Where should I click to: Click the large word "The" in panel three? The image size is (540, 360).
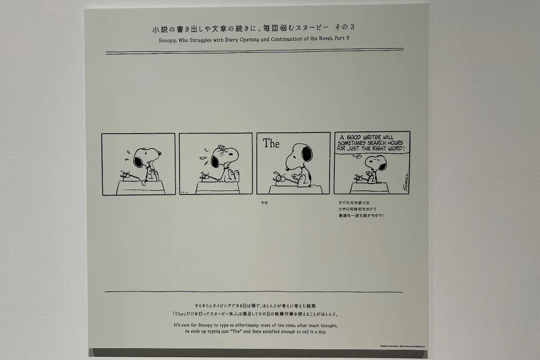[271, 144]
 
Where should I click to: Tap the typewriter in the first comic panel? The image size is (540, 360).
[128, 176]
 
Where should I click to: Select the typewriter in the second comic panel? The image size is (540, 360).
[206, 176]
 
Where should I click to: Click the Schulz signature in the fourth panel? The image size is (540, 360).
[405, 184]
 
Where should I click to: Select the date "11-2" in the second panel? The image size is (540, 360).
[185, 192]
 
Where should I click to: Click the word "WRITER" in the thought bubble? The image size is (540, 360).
[374, 137]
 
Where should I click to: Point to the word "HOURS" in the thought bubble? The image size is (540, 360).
[395, 143]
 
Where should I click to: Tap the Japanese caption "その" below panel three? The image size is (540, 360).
[264, 203]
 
